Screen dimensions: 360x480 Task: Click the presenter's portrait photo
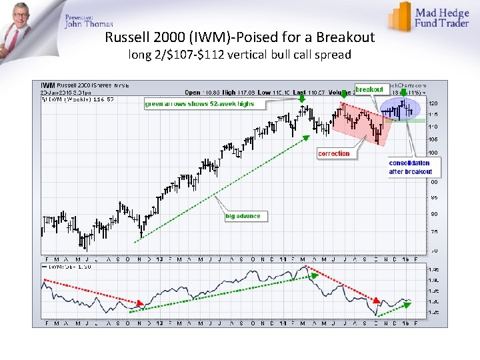tap(24, 27)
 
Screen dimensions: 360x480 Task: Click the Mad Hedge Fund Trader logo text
tap(442, 17)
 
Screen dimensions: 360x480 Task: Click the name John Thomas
tap(89, 25)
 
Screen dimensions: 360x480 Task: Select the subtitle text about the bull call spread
tap(239, 55)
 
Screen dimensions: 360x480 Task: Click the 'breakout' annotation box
tap(369, 89)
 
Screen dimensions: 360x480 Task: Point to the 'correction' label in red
tap(333, 153)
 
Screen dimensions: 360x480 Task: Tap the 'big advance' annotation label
tap(243, 216)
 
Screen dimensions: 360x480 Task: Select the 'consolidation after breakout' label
tap(409, 167)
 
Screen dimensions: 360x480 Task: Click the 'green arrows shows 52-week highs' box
tap(199, 104)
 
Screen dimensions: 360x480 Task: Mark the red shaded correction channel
tap(360, 123)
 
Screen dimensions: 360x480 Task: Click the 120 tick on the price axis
tap(433, 104)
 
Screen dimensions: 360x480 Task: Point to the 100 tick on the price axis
tap(433, 153)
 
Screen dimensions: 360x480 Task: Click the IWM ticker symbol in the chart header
tap(47, 85)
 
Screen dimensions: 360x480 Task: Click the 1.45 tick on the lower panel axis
tap(434, 269)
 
